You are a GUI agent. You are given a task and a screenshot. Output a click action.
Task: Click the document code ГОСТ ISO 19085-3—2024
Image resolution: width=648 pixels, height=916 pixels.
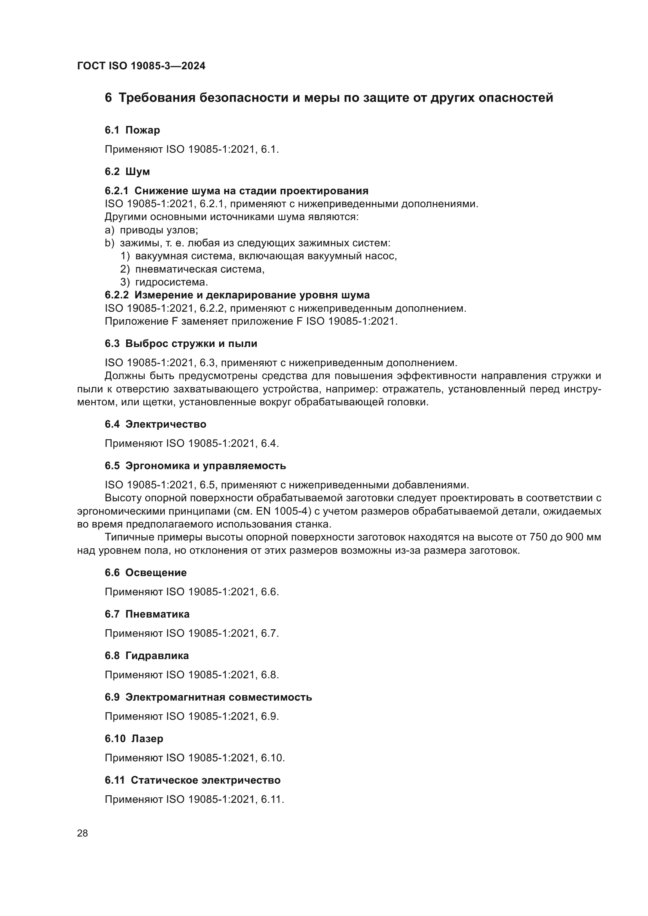click(x=141, y=66)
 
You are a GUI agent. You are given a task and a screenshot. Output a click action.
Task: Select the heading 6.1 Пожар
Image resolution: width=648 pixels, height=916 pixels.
click(x=132, y=130)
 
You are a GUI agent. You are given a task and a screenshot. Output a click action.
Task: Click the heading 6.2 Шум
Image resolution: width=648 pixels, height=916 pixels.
click(x=127, y=172)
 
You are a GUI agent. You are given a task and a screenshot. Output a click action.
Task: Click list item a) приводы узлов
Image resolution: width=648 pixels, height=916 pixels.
click(x=151, y=230)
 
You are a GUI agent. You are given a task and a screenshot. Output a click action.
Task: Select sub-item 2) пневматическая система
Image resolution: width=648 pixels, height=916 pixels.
click(x=192, y=269)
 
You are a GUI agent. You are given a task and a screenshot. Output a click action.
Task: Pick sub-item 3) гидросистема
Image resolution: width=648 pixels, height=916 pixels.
click(x=164, y=282)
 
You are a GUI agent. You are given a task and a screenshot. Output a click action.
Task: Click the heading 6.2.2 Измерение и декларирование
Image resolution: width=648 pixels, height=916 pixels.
click(x=237, y=295)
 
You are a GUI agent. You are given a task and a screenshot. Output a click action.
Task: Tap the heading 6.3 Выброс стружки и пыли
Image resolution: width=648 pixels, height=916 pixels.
click(x=181, y=343)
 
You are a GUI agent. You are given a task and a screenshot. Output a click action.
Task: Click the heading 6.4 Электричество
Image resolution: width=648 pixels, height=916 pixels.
click(x=155, y=424)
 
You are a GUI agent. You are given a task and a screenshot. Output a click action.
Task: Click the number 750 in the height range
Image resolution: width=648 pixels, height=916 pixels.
click(x=538, y=537)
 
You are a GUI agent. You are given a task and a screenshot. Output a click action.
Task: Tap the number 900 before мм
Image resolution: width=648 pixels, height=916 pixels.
click(x=574, y=537)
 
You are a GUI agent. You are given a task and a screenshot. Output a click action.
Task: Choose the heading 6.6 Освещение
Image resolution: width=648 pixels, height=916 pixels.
click(x=146, y=573)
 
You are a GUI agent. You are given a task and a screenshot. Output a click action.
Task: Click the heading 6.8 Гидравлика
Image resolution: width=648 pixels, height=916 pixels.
click(x=147, y=656)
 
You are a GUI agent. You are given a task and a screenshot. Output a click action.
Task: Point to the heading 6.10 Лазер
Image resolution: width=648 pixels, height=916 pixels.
click(x=134, y=739)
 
